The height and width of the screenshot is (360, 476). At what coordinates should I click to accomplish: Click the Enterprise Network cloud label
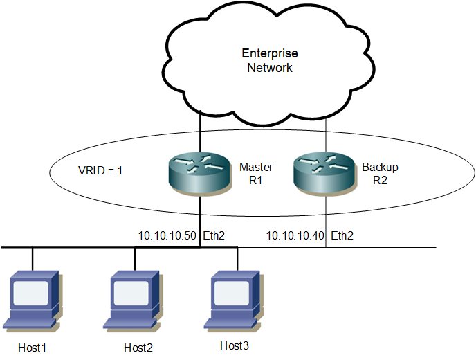(270, 60)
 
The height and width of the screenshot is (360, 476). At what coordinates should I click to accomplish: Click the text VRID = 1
(100, 170)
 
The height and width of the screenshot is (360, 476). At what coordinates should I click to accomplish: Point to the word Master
(255, 168)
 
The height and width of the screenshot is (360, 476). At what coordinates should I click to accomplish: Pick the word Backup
(381, 168)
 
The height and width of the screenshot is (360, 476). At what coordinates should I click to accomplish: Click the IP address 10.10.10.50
(167, 236)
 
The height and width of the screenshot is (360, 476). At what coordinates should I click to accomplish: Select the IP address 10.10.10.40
(295, 236)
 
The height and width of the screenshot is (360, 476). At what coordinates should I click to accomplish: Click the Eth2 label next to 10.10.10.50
(213, 236)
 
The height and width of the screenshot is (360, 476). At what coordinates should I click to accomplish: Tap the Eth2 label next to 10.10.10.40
(342, 236)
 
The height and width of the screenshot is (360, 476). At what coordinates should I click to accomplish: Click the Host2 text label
(137, 346)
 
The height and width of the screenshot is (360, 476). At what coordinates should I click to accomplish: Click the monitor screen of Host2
(133, 292)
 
